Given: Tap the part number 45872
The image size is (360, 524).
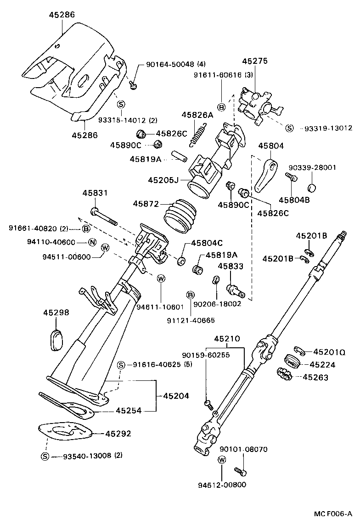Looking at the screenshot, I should tap(145, 203).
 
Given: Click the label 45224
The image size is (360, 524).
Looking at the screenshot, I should tap(322, 365).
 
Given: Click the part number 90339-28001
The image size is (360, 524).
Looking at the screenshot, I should tap(312, 167).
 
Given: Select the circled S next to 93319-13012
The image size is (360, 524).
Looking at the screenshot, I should tap(289, 128).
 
